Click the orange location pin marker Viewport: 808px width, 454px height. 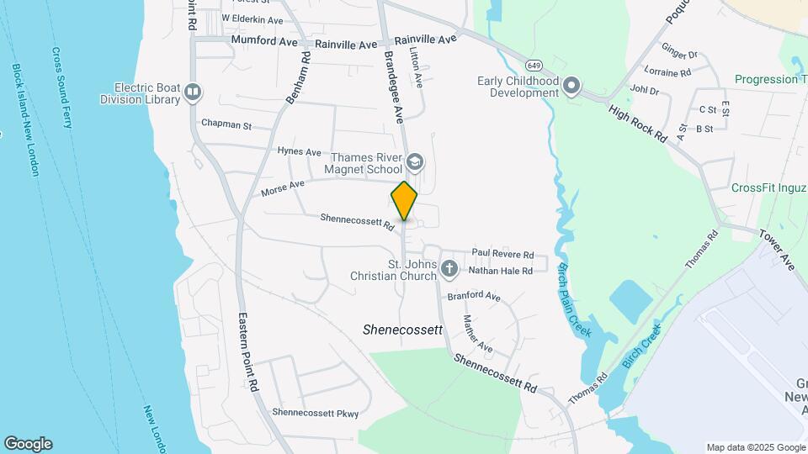point(404,201)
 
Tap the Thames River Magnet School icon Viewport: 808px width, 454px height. point(414,161)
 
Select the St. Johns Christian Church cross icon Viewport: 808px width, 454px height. point(449,270)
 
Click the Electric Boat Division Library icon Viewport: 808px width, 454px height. point(194,92)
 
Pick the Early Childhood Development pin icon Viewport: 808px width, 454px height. point(572,87)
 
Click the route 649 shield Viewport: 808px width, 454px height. point(534,65)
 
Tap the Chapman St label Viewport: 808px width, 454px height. point(226,124)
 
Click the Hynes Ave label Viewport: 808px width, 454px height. point(300,152)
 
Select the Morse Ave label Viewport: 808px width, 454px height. point(283,188)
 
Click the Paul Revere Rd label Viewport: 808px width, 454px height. point(502,254)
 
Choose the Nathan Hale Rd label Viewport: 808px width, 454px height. point(501,271)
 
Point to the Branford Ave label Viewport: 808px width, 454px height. point(473,297)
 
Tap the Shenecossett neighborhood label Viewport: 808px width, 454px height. point(402,330)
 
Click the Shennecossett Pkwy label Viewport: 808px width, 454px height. point(316,413)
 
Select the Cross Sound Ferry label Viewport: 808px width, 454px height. point(62,87)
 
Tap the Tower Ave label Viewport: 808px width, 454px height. point(778,250)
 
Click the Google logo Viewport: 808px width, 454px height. point(28,444)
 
